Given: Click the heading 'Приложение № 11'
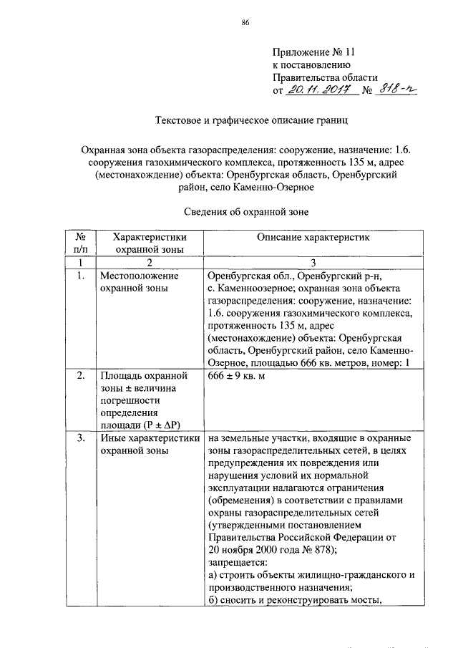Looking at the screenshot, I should click(313, 52).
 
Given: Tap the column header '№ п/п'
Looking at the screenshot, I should click(81, 242).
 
